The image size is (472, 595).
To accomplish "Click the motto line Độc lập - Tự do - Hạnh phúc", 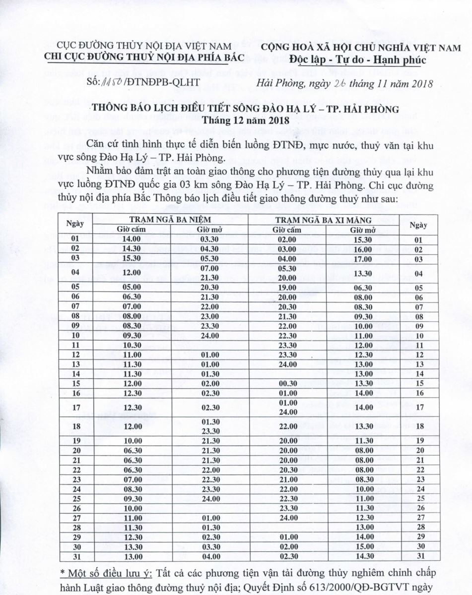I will click(x=360, y=60).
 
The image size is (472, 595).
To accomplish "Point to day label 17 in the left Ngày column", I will click(x=75, y=408).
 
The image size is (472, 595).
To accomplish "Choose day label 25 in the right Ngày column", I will click(x=419, y=498).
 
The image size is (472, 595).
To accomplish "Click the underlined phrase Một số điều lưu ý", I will click(x=106, y=574).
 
